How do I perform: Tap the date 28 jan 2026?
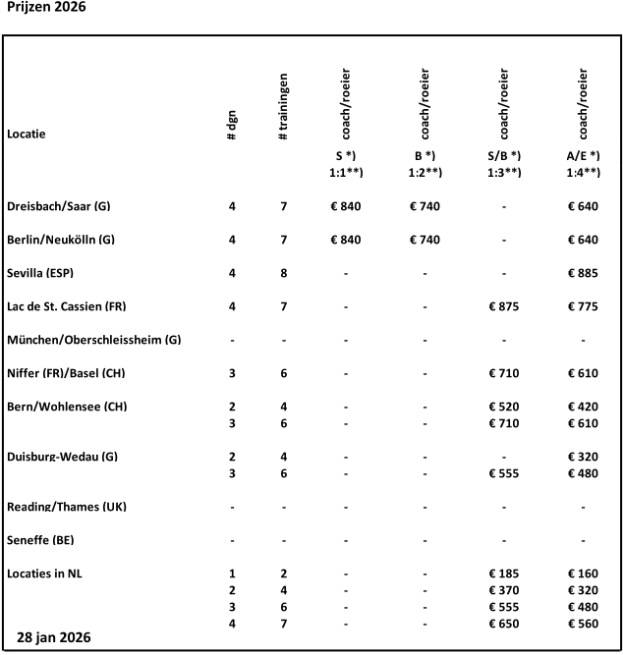54,637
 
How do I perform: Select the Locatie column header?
27,133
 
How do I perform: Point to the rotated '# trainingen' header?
283,104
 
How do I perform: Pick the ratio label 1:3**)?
504,172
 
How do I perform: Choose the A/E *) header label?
584,155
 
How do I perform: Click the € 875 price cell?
504,306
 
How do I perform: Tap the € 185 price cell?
504,573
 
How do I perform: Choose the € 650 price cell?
504,624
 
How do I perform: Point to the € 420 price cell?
584,407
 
